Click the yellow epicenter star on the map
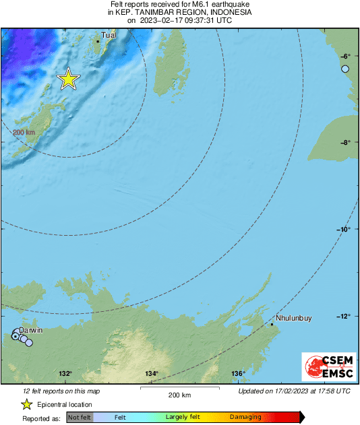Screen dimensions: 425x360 point(68,79)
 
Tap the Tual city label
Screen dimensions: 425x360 point(109,35)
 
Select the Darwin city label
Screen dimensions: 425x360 point(31,330)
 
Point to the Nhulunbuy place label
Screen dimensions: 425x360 point(294,319)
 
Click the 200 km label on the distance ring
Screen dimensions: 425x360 point(24,132)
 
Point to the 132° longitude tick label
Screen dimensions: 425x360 point(65,374)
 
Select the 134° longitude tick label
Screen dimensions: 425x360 point(152,374)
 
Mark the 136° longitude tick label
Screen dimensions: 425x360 point(238,374)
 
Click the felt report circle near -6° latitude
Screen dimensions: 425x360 point(345,69)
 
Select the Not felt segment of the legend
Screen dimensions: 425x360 point(80,418)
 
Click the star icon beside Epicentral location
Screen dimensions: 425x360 point(26,404)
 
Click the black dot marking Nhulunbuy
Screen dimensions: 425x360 point(272,325)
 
